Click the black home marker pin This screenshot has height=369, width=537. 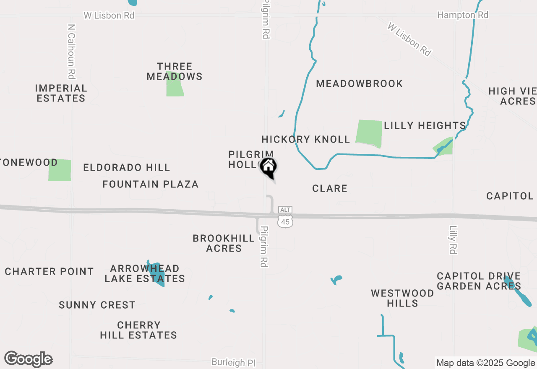point(268,167)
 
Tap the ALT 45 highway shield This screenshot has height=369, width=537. point(285,217)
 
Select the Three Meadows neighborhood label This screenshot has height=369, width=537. point(174,72)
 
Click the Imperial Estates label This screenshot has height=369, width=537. point(61,93)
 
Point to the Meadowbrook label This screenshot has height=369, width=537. point(359,83)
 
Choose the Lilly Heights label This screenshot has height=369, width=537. point(425,125)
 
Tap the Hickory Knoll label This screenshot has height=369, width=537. point(305,139)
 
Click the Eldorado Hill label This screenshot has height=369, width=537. point(127,168)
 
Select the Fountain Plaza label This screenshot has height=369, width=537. point(151,184)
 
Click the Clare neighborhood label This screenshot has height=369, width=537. point(330,189)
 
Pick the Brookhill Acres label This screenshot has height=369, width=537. point(224,243)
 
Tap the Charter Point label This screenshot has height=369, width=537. point(50,271)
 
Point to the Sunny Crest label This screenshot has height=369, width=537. point(97,305)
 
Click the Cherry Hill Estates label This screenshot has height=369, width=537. point(138,330)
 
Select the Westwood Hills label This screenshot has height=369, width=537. point(402,298)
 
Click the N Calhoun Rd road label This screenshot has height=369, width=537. point(72,51)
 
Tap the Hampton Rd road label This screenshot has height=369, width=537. point(463,15)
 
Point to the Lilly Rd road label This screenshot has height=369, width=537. point(453,240)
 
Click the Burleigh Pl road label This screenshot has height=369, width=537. point(233,362)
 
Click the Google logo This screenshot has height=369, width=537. point(28,359)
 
